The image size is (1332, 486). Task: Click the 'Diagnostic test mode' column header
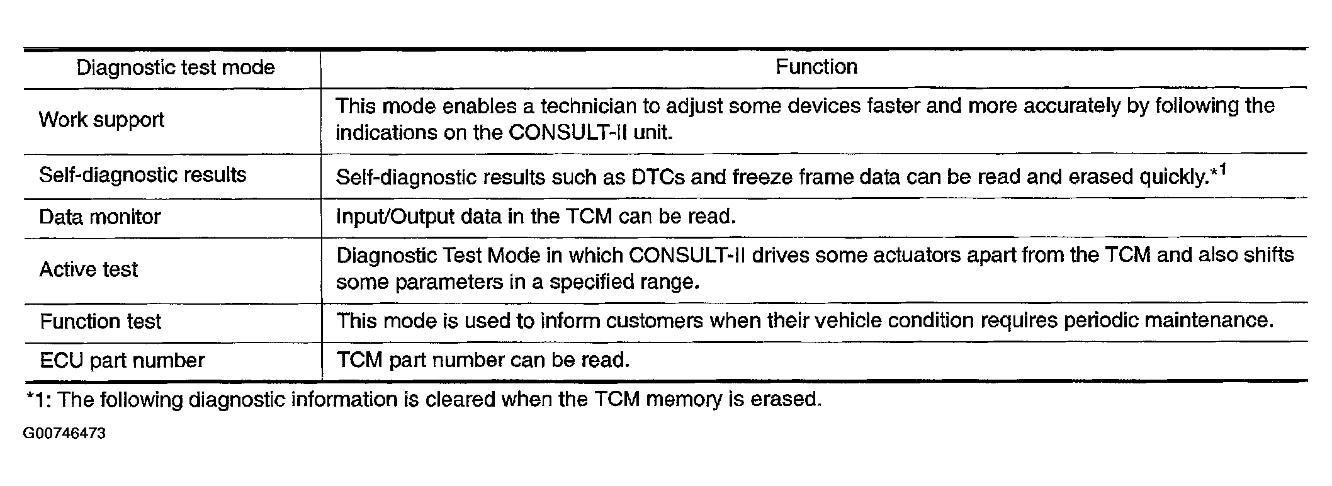point(176,67)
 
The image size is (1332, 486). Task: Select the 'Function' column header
point(816,67)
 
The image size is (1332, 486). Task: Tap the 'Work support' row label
point(101,120)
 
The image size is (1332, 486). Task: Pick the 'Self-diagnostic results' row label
point(142,174)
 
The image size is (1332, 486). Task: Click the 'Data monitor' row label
point(100,217)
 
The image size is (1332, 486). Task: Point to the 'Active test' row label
point(88,269)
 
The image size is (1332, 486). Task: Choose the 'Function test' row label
point(101,322)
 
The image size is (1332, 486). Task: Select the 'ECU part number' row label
point(122,361)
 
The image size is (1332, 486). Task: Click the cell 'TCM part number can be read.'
point(483,360)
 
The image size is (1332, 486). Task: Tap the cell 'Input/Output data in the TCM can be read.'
point(536,217)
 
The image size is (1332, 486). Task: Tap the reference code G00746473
point(64,434)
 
